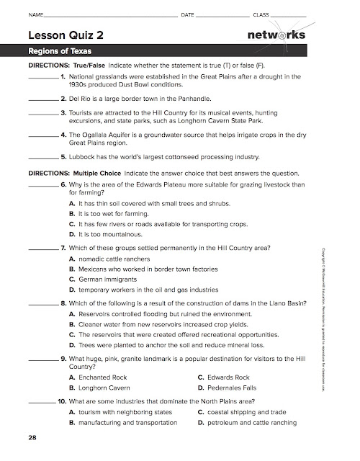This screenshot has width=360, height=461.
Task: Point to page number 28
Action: pos(32,437)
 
